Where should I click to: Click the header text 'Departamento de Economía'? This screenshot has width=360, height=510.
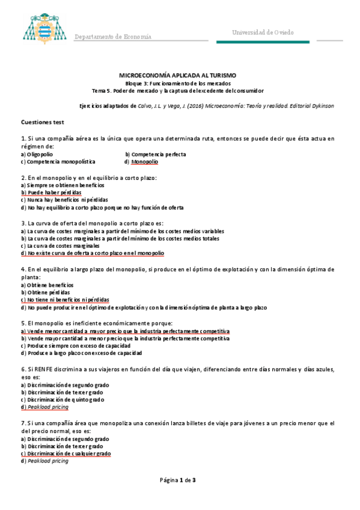click(x=112, y=37)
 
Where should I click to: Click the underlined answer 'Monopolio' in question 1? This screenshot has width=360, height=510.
click(x=144, y=162)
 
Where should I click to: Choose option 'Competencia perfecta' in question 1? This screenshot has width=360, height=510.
click(x=158, y=154)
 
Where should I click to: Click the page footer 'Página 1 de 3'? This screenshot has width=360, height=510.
click(x=178, y=480)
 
